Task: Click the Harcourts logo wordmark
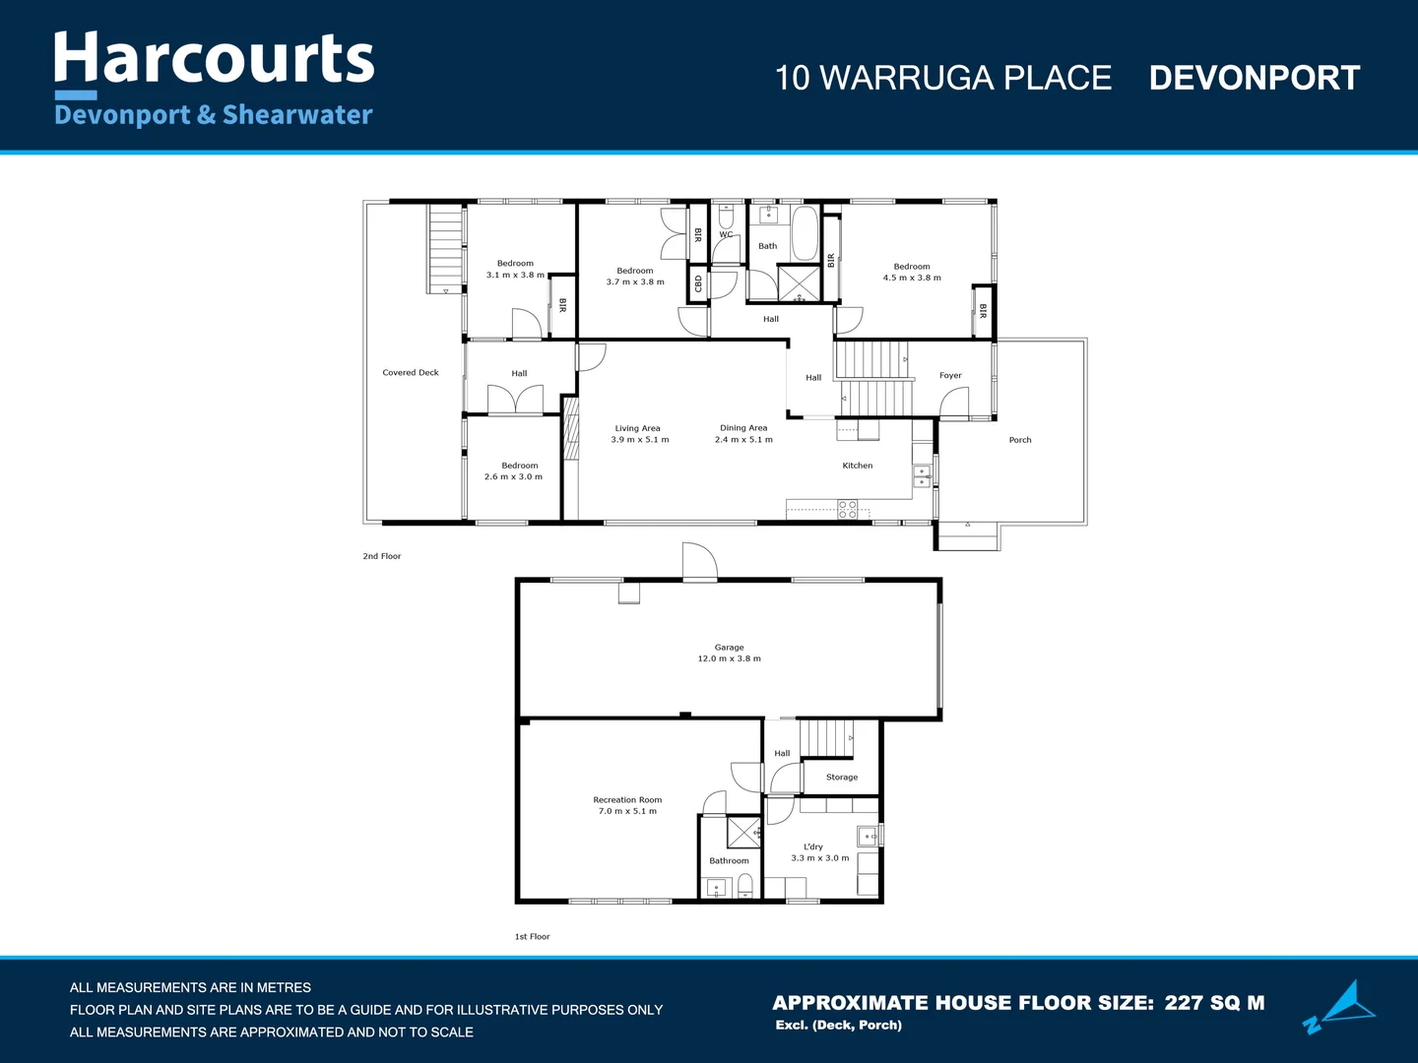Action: click(214, 59)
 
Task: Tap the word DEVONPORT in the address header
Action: click(1254, 78)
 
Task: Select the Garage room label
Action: click(729, 648)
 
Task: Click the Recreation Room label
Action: click(627, 800)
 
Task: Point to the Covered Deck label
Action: click(411, 373)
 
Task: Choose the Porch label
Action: click(1020, 440)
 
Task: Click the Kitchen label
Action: click(857, 466)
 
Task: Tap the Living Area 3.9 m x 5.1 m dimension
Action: click(639, 440)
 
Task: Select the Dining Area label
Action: click(743, 428)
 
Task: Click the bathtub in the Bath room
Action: click(805, 233)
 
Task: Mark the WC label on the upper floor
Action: click(726, 234)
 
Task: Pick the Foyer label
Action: click(950, 375)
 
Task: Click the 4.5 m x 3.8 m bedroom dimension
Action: click(912, 278)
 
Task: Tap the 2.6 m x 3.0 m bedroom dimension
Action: click(513, 477)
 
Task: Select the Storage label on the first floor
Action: click(842, 778)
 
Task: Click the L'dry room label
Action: click(813, 846)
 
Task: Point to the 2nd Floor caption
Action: click(382, 556)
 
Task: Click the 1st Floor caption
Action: click(532, 937)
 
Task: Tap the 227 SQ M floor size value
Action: click(1214, 1003)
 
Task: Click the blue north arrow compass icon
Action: click(1341, 1006)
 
